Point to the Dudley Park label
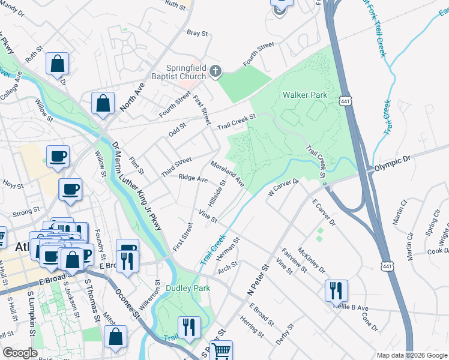tap(188, 289)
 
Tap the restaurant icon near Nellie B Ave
tap(336, 291)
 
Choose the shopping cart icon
tap(221, 350)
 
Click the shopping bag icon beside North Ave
tap(103, 103)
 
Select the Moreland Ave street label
tap(227, 173)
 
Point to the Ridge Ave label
tap(193, 178)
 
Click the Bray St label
tap(196, 33)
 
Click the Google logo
tap(20, 353)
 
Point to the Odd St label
tap(178, 129)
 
